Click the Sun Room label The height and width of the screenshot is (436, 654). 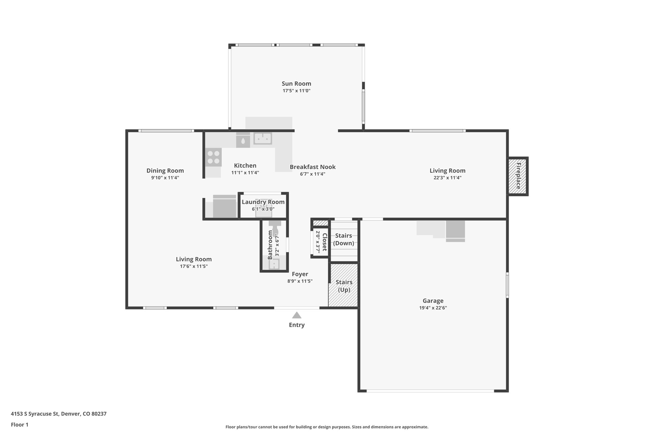[x=296, y=84]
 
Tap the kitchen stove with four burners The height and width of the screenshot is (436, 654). [x=213, y=157]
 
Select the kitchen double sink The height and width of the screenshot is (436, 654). [x=262, y=139]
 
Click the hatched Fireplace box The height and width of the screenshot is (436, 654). [x=518, y=176]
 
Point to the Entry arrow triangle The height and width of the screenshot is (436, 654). [x=297, y=315]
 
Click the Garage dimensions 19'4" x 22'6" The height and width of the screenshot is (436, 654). [x=433, y=308]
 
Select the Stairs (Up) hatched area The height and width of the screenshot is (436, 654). [x=344, y=286]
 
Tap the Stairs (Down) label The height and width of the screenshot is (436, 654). [x=344, y=239]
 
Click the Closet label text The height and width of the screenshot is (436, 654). [x=324, y=242]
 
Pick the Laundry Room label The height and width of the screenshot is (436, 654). [x=263, y=202]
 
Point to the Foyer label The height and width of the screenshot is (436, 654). [x=300, y=274]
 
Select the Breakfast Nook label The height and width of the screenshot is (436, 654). [x=312, y=167]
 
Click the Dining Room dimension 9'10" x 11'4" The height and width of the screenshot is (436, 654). [x=165, y=178]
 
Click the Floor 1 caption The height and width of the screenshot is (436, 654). [x=19, y=425]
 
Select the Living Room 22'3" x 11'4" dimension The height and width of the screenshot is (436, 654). [x=447, y=178]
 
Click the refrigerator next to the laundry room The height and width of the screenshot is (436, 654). [x=224, y=206]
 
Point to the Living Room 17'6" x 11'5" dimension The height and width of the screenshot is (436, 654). [x=194, y=266]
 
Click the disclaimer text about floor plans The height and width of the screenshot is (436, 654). [x=327, y=427]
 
